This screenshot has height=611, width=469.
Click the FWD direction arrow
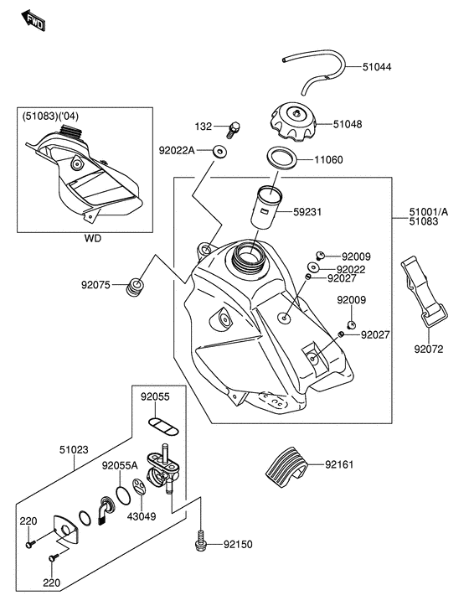[33, 21]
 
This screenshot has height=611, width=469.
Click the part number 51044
[377, 67]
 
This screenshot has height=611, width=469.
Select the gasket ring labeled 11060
[281, 158]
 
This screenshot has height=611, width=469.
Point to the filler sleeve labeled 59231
[265, 209]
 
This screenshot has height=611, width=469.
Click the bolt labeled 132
[234, 130]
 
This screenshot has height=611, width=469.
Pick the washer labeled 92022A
[220, 151]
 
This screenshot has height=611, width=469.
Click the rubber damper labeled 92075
[135, 287]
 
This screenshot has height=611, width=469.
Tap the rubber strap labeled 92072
[425, 292]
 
